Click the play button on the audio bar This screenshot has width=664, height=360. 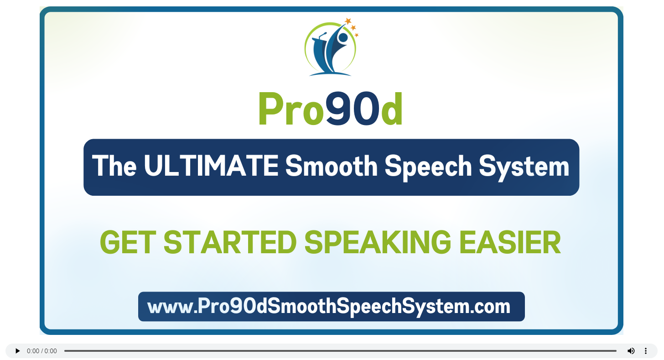pyautogui.click(x=17, y=351)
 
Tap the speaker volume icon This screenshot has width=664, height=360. pyautogui.click(x=631, y=351)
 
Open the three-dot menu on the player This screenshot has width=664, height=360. pyautogui.click(x=646, y=351)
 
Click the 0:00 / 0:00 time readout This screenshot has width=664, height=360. pyautogui.click(x=42, y=351)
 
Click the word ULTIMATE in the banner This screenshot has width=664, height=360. pyautogui.click(x=211, y=166)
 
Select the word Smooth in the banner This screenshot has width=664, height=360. pyautogui.click(x=332, y=166)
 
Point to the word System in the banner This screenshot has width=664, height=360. pyautogui.click(x=524, y=167)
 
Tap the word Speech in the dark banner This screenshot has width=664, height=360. pyautogui.click(x=428, y=167)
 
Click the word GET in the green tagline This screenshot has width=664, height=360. pyautogui.click(x=128, y=243)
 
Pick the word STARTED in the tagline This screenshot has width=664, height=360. pyautogui.click(x=230, y=243)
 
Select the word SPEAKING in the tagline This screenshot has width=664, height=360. pyautogui.click(x=378, y=243)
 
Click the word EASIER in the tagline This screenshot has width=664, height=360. pyautogui.click(x=510, y=243)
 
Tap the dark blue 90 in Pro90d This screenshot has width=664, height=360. pyautogui.click(x=353, y=108)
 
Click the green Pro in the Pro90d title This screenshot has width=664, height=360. pyautogui.click(x=291, y=109)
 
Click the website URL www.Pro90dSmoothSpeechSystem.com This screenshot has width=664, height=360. pyautogui.click(x=329, y=306)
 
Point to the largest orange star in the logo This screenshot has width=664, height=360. pyautogui.click(x=348, y=21)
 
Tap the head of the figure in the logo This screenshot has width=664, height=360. pyautogui.click(x=343, y=37)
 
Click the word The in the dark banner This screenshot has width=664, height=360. pyautogui.click(x=114, y=166)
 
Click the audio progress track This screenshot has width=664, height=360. pyautogui.click(x=340, y=351)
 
